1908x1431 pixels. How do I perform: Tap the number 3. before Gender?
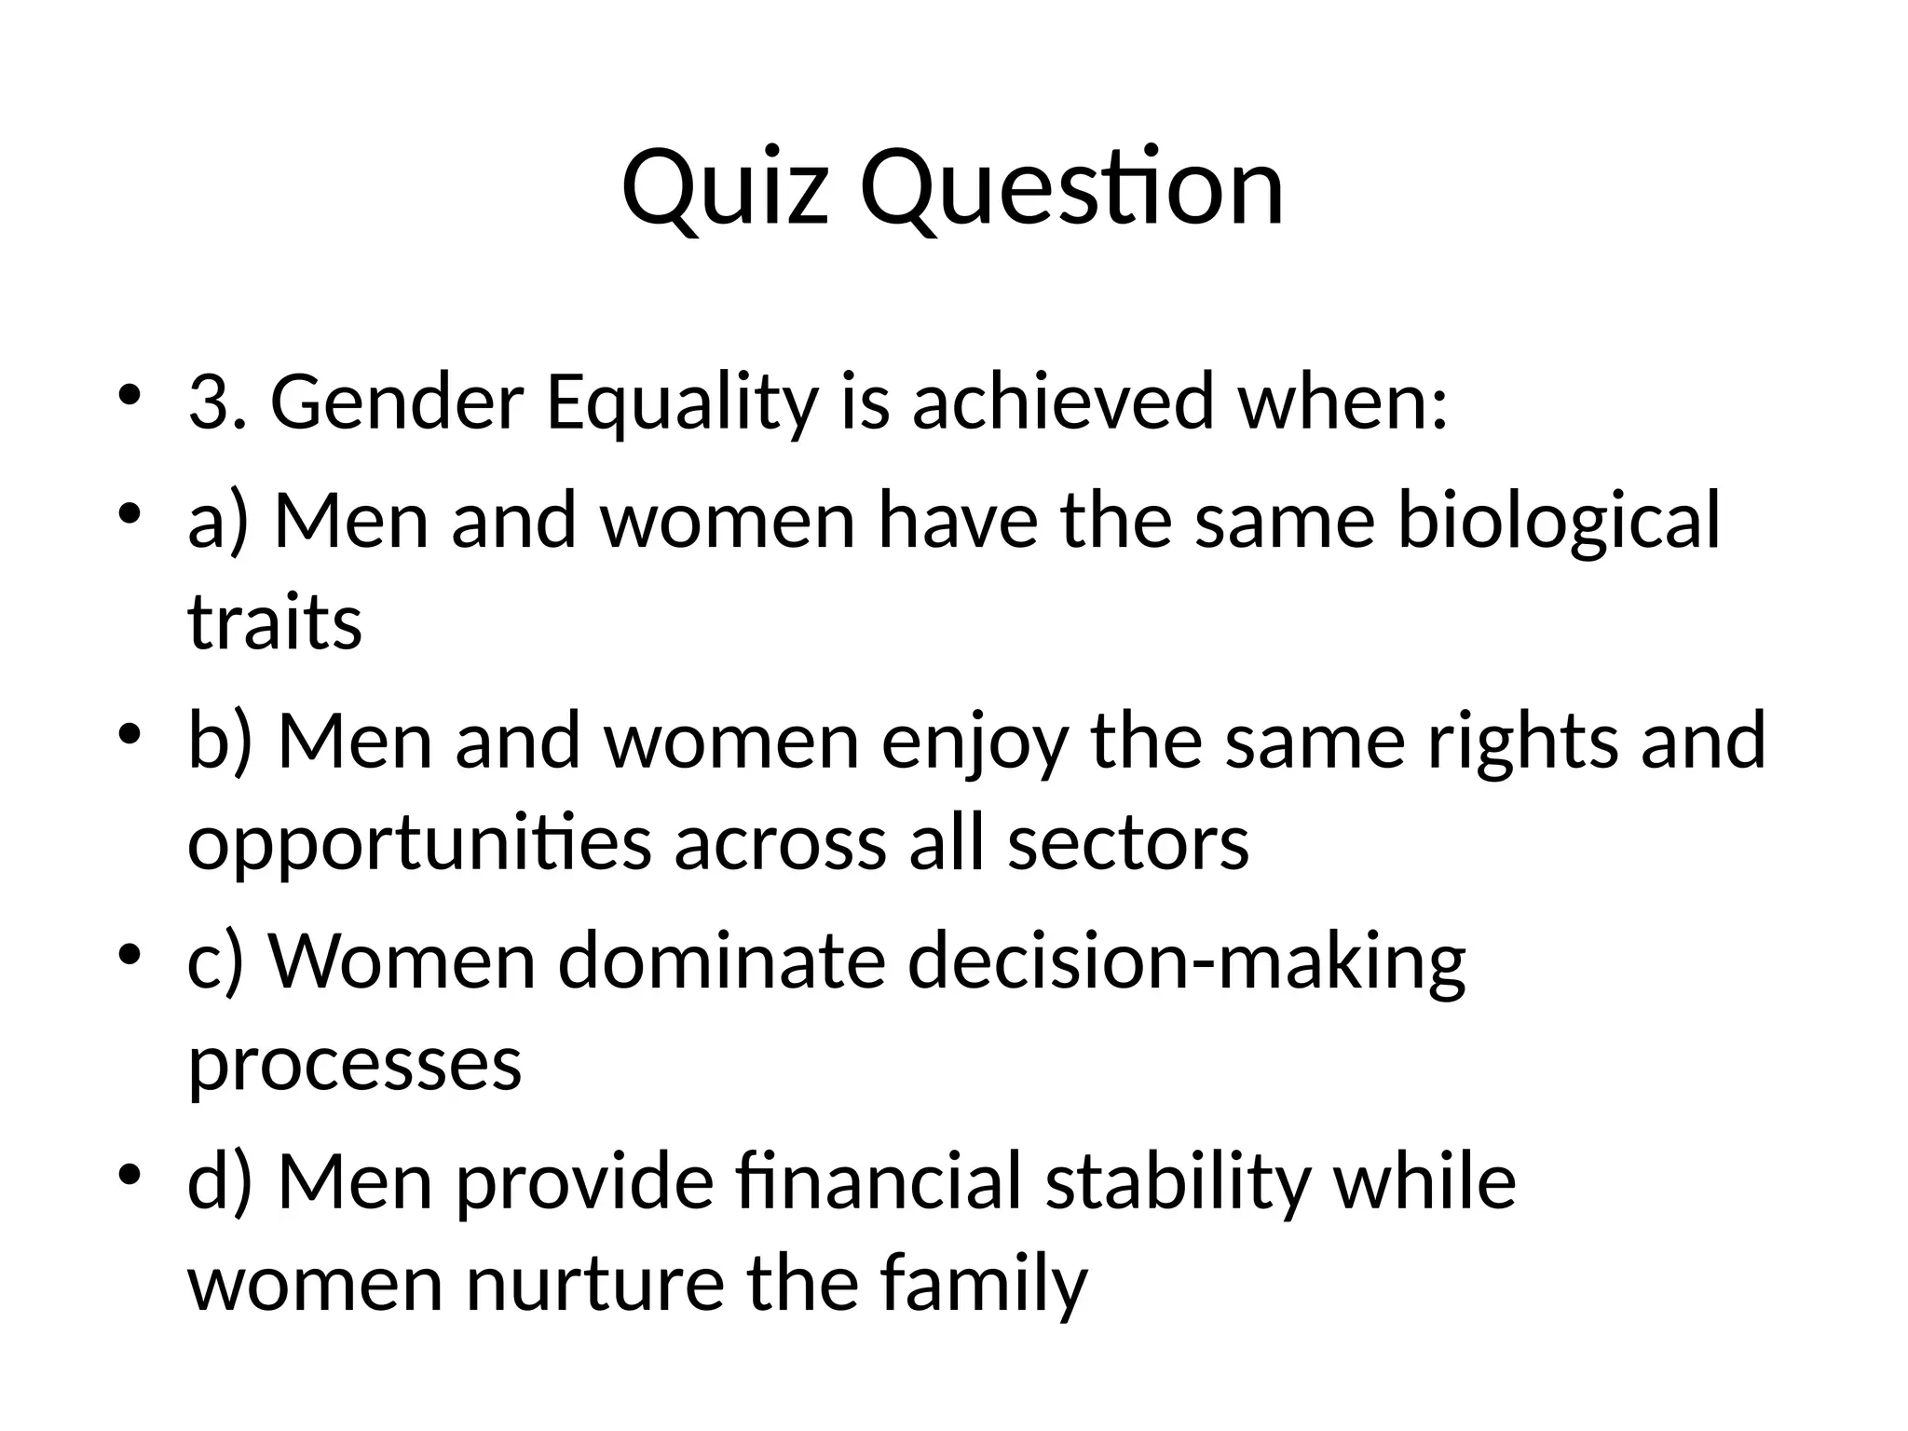click(x=218, y=402)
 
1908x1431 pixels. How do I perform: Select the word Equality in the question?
click(x=680, y=403)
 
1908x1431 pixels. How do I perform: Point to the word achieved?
click(x=1063, y=402)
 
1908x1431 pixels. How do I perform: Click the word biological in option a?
click(x=1558, y=522)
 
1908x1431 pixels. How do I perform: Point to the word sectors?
click(x=1127, y=843)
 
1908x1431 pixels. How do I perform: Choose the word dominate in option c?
click(x=721, y=961)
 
